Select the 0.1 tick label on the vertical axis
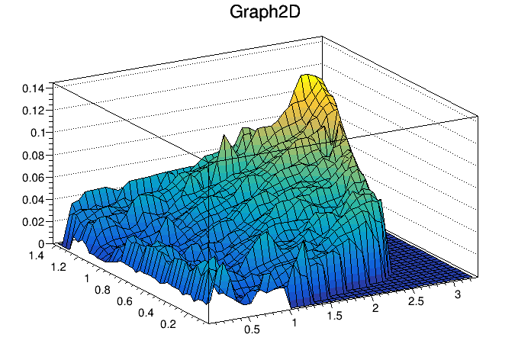(x=37, y=132)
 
